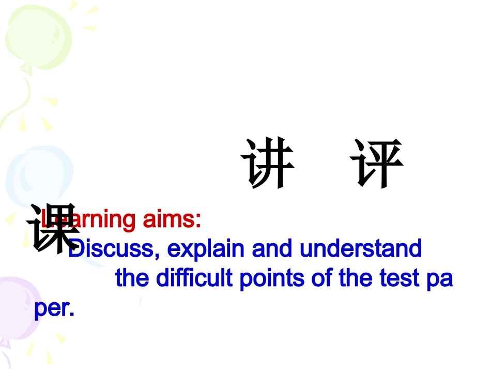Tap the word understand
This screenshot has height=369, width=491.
tap(361, 249)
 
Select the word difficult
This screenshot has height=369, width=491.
tap(197, 278)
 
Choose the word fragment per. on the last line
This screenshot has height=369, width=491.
tap(54, 309)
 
